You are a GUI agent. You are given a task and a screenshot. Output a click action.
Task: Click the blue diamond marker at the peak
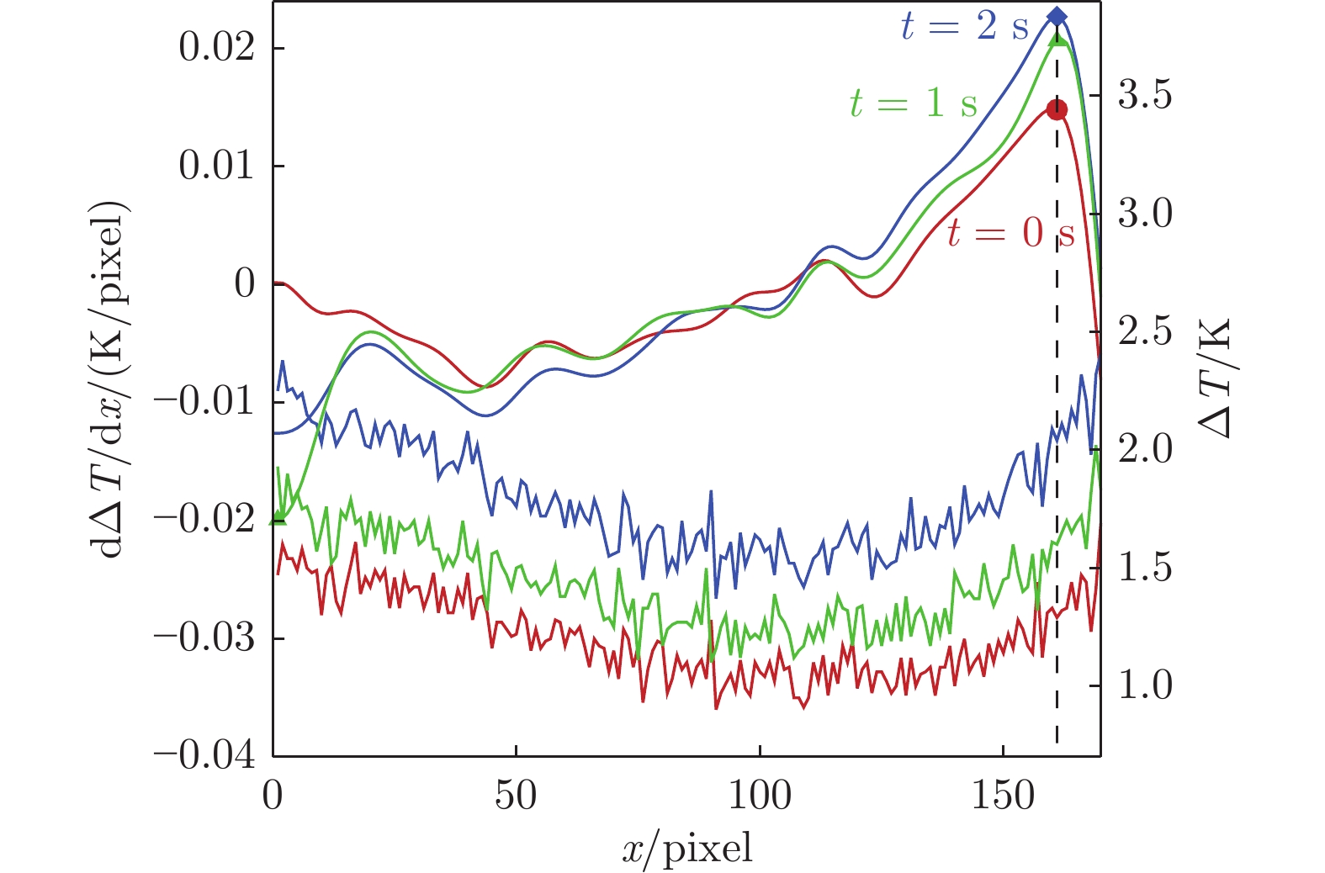tap(1057, 17)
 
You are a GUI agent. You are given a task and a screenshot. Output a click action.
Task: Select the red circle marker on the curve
tap(1057, 109)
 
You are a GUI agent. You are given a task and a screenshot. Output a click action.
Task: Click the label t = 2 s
tap(964, 27)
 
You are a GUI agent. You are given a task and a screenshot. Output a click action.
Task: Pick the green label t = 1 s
tap(913, 103)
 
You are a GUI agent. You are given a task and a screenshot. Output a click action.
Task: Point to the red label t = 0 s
tap(1010, 232)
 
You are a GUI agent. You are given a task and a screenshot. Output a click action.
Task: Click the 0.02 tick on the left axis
tap(216, 48)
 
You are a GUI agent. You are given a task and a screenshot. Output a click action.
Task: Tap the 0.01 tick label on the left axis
tap(216, 166)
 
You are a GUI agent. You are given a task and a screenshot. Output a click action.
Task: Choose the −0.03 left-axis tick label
tap(204, 638)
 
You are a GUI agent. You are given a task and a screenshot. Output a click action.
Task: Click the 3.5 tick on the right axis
tap(1145, 96)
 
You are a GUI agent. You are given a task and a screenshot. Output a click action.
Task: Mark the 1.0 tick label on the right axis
tap(1145, 685)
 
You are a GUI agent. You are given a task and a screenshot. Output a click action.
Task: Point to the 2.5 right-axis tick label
tap(1145, 331)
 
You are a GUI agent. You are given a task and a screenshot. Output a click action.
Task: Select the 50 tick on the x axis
tap(516, 795)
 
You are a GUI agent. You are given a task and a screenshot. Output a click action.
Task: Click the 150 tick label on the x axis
tap(1003, 795)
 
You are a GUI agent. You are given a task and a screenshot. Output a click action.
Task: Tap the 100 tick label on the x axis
tap(760, 795)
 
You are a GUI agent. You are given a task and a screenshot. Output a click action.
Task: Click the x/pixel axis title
tap(687, 849)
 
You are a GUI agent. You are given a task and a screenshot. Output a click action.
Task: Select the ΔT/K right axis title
tap(1214, 378)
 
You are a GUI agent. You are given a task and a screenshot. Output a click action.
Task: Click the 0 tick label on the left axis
tap(245, 284)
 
